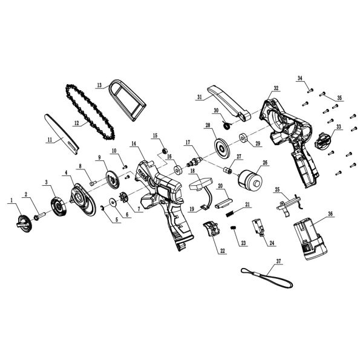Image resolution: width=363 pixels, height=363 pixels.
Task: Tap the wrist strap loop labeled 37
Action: (266, 279)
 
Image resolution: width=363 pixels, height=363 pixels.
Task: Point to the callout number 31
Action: (199, 96)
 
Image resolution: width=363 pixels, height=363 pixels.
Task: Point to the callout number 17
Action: (188, 142)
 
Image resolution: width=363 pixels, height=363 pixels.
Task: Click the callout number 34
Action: (299, 78)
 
